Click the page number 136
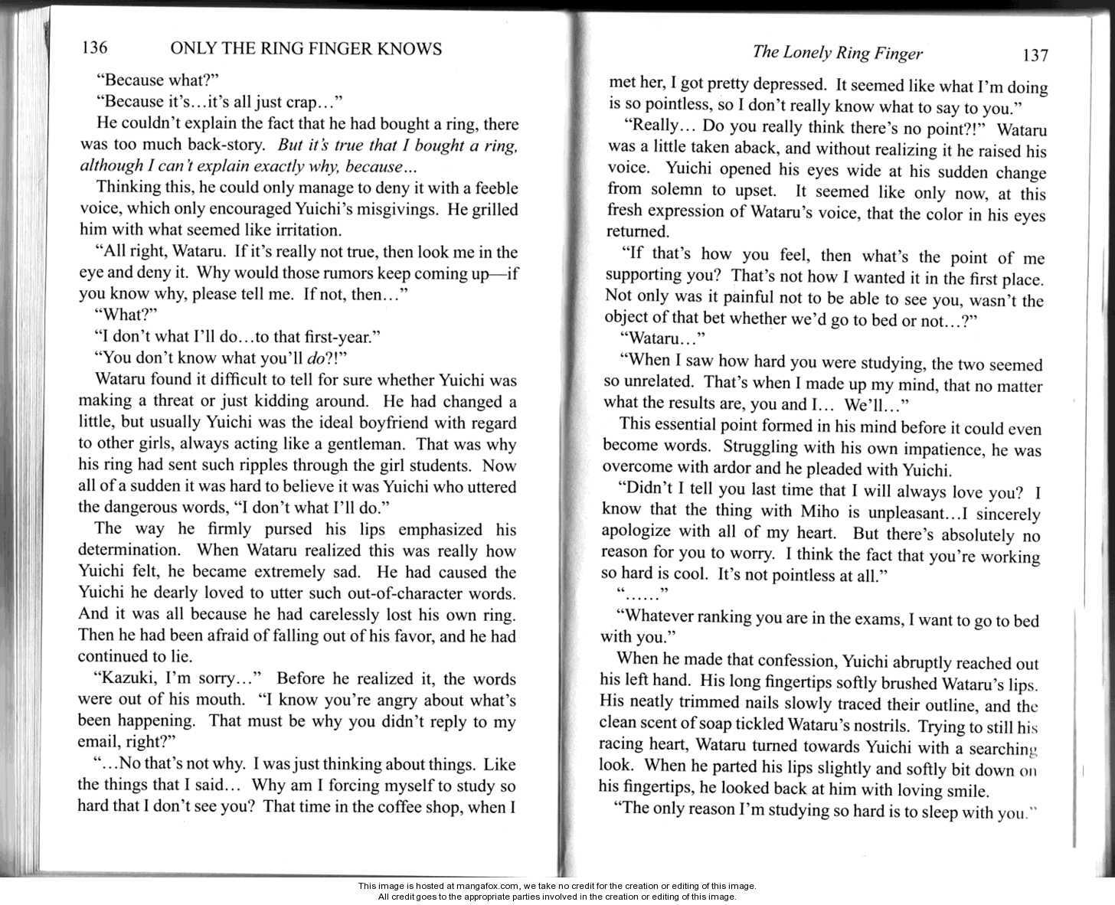pyautogui.click(x=94, y=48)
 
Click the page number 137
pyautogui.click(x=1034, y=55)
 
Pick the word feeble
pyautogui.click(x=489, y=188)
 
